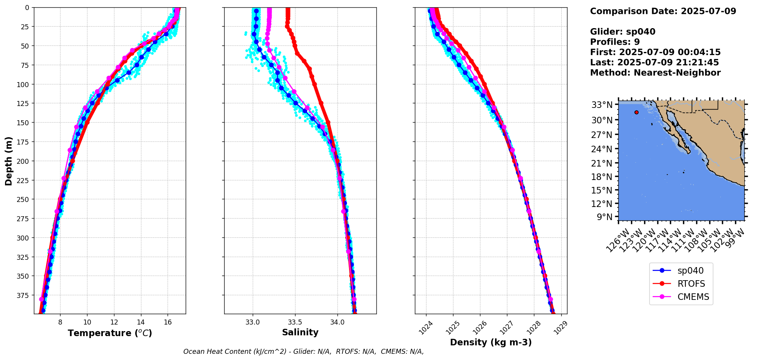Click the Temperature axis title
click(x=110, y=333)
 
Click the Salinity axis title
click(x=300, y=332)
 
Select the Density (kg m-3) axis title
click(x=491, y=342)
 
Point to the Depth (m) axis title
click(x=8, y=161)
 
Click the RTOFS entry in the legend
click(x=691, y=284)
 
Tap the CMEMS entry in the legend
click(x=693, y=297)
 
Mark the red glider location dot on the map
click(x=636, y=113)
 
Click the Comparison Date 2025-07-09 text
click(x=663, y=11)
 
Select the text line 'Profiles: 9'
click(x=615, y=42)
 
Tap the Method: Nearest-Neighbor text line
click(x=655, y=73)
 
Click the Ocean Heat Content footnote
click(x=304, y=352)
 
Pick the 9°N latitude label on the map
click(x=604, y=217)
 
